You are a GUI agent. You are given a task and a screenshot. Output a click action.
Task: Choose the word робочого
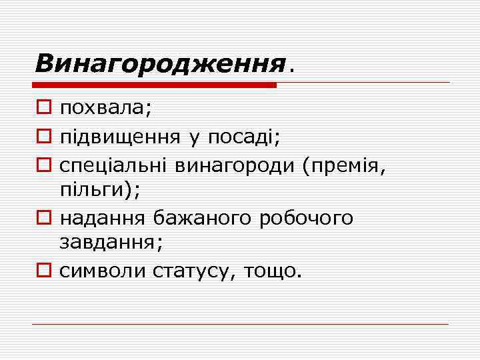click(305, 217)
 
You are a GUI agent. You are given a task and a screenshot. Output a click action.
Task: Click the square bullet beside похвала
click(43, 108)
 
